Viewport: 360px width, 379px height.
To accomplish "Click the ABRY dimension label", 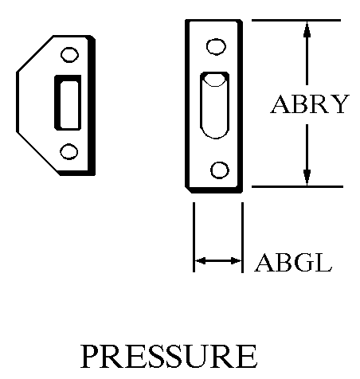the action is coord(310,104).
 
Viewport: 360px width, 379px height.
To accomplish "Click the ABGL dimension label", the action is coord(293,263).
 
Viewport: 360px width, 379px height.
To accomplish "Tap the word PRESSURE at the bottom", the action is coord(169,356).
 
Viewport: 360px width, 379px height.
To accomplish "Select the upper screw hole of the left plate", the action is coord(69,55).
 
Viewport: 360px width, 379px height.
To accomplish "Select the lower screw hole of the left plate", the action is coord(69,151).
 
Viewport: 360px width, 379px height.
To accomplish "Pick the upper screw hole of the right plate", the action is coord(216,46).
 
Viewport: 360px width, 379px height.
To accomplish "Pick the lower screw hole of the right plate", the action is coord(220,170).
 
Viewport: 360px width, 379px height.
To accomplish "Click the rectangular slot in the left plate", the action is coord(68,103).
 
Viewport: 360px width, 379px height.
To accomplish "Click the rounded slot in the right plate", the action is coord(215,105).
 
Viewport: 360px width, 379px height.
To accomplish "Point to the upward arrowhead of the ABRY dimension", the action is coord(307,29).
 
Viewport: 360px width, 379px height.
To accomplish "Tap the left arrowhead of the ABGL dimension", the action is coord(200,261).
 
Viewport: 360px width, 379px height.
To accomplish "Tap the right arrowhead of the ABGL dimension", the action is coord(236,261).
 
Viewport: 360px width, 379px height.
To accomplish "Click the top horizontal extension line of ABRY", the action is coord(296,20).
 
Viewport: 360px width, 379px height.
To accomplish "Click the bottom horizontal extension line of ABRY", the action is coord(297,187).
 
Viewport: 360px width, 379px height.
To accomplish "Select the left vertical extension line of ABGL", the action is coord(194,237).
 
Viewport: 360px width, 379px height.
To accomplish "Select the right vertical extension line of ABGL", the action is coord(242,237).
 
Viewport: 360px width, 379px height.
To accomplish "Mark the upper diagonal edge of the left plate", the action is coord(35,53).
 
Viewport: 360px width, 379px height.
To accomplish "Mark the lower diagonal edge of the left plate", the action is coord(39,154).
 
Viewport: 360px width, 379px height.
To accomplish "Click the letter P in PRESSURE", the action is coord(91,356).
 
